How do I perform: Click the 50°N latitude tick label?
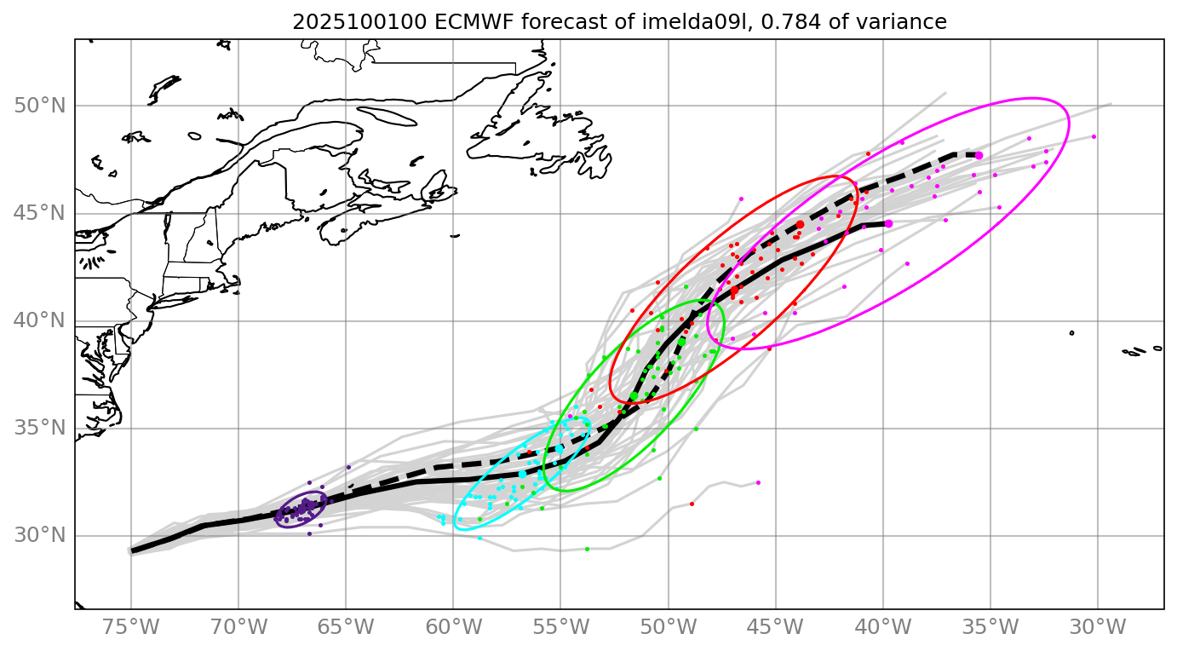[x=40, y=106]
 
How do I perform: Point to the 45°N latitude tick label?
[x=40, y=213]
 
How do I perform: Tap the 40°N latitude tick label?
[x=40, y=320]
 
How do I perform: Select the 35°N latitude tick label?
[x=40, y=428]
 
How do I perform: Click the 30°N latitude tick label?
[x=40, y=536]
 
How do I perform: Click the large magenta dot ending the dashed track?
[x=979, y=155]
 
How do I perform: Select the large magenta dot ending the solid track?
[x=888, y=223]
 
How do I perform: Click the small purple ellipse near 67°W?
[x=301, y=510]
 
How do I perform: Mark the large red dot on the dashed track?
[x=800, y=224]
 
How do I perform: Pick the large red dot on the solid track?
[x=734, y=290]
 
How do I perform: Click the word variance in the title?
[x=906, y=23]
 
